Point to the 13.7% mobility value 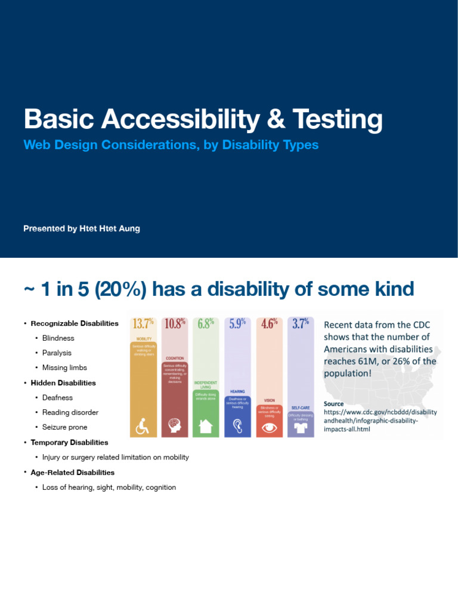(143, 324)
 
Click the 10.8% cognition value (175, 324)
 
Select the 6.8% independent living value (206, 324)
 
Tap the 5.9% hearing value (237, 324)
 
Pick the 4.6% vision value (269, 324)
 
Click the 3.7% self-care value (301, 324)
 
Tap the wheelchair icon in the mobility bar (143, 426)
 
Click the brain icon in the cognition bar (175, 426)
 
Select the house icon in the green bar (206, 426)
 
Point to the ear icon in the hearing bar (237, 426)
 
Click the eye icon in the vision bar (269, 427)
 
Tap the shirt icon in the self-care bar (301, 428)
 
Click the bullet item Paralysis (57, 353)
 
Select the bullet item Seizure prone (64, 427)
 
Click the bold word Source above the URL (333, 403)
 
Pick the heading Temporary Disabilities (69, 442)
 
